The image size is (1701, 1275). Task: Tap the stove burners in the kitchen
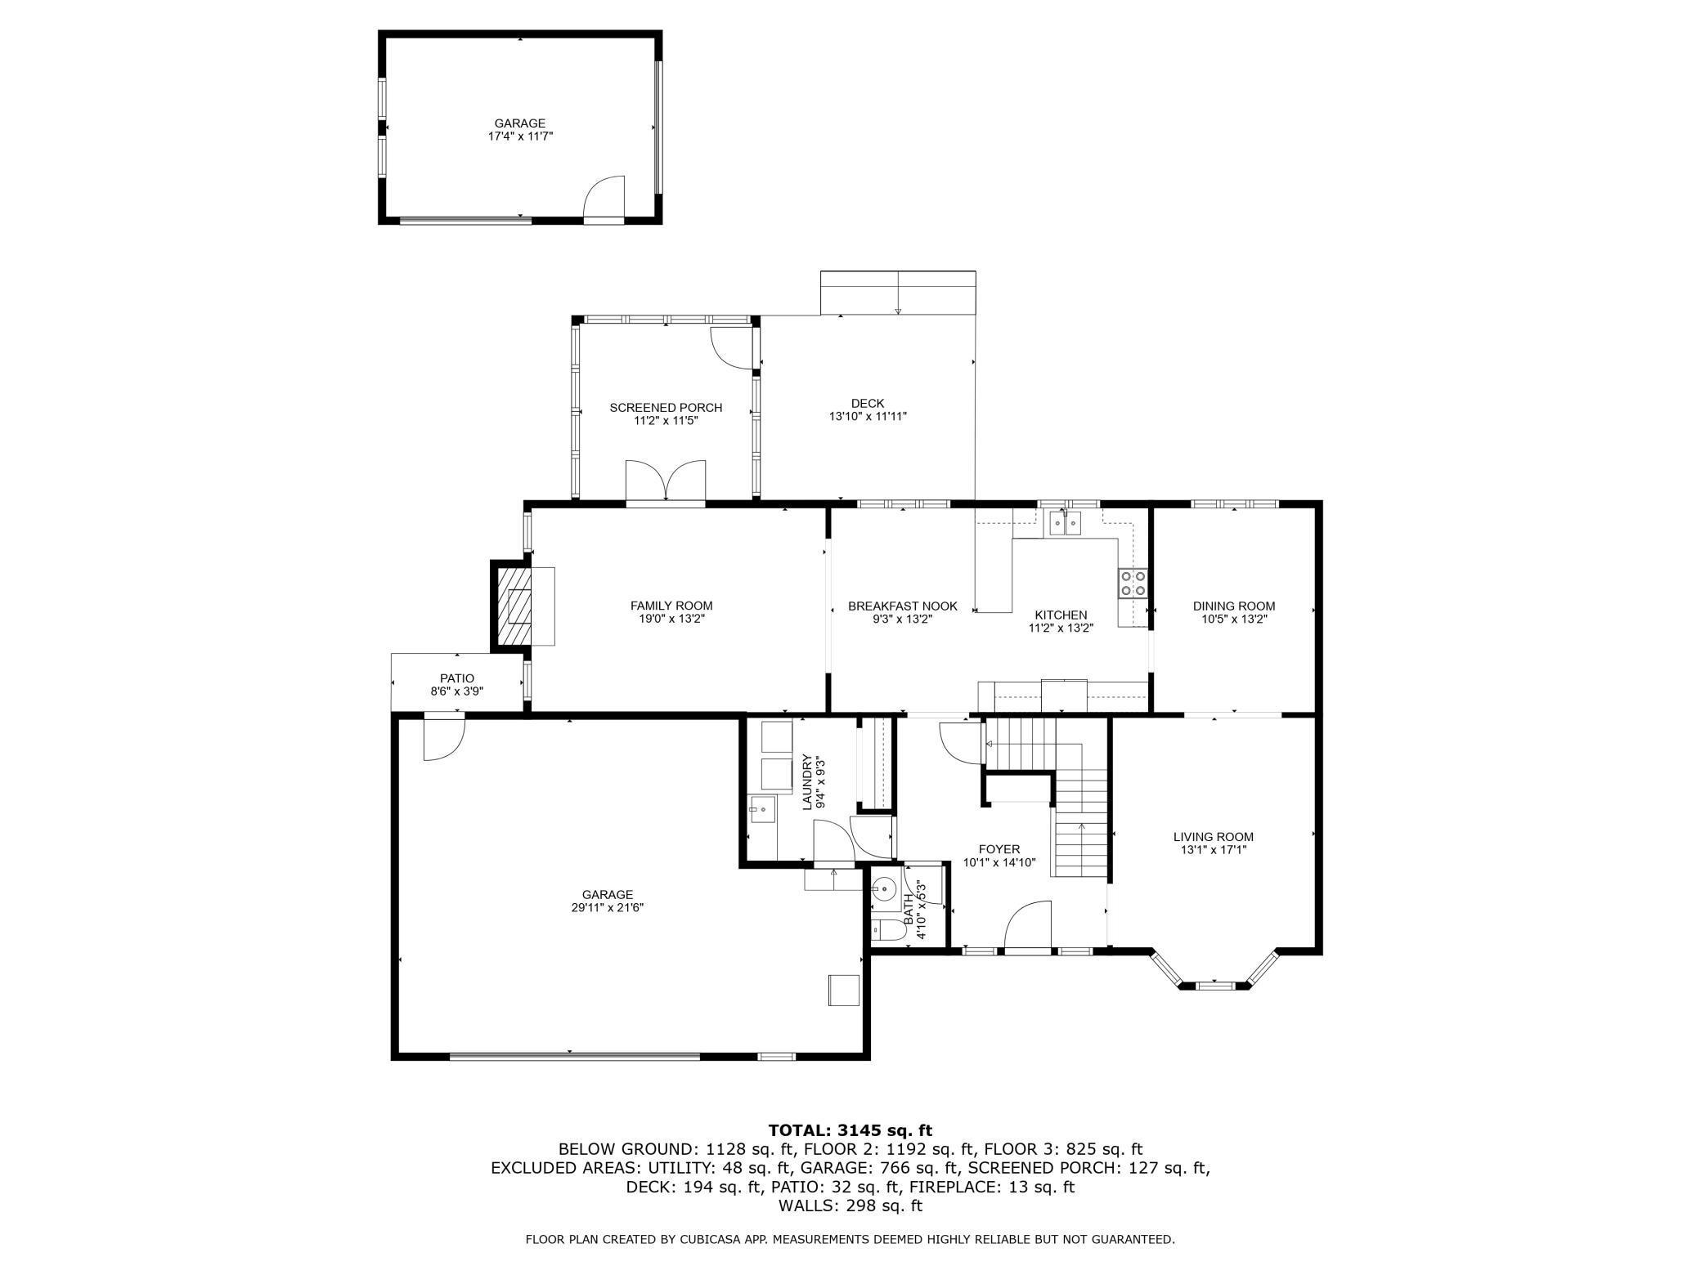click(x=1133, y=584)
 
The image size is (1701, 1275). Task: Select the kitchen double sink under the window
click(x=1066, y=523)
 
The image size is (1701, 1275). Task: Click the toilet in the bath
click(x=886, y=929)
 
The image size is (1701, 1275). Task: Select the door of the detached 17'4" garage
click(x=604, y=200)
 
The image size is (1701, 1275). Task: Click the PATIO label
click(x=457, y=678)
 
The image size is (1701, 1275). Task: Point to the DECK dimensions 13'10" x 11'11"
click(x=868, y=416)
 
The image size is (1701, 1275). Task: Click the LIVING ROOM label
click(x=1213, y=837)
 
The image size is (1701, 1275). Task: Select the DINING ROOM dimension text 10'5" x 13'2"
click(x=1233, y=619)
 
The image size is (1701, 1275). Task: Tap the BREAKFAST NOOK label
click(x=902, y=606)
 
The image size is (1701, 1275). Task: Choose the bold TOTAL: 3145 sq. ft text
click(x=850, y=1130)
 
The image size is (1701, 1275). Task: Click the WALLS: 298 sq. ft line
click(x=850, y=1206)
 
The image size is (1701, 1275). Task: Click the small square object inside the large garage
click(x=844, y=990)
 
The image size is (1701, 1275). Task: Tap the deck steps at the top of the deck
click(x=897, y=293)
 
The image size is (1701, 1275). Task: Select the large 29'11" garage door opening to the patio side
click(x=444, y=738)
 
